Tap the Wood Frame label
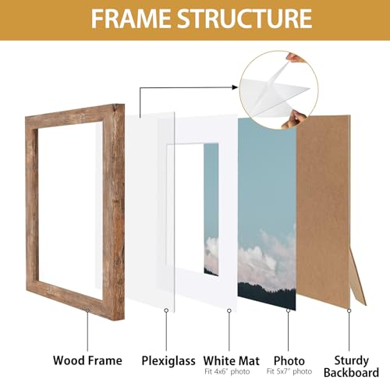(x=87, y=360)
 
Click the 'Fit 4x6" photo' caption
(x=229, y=370)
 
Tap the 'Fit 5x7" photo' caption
(x=289, y=370)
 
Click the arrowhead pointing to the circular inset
(x=235, y=90)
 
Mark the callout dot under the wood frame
(x=87, y=311)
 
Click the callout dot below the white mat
(x=229, y=311)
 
